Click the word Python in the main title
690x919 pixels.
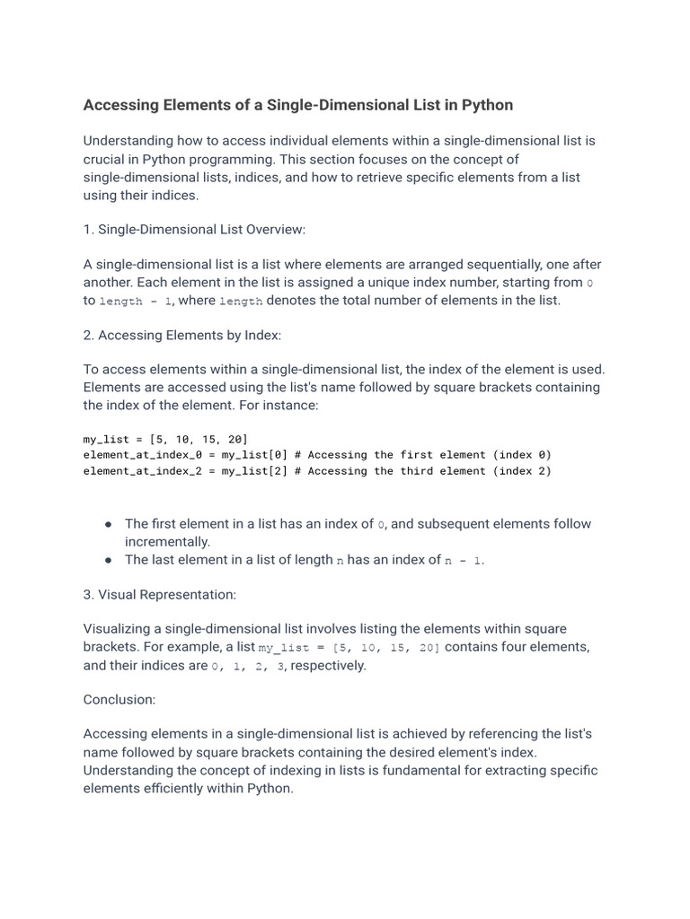click(487, 105)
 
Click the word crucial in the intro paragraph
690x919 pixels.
click(106, 159)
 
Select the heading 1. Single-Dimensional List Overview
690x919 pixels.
click(194, 230)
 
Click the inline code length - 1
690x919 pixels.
click(136, 302)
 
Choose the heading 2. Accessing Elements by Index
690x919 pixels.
click(182, 335)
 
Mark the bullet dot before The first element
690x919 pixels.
click(108, 523)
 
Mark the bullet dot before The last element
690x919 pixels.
click(108, 560)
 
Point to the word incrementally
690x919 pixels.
click(167, 542)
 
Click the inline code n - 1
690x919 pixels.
click(464, 561)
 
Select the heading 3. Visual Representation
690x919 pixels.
click(159, 594)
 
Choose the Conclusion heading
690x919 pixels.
click(119, 699)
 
